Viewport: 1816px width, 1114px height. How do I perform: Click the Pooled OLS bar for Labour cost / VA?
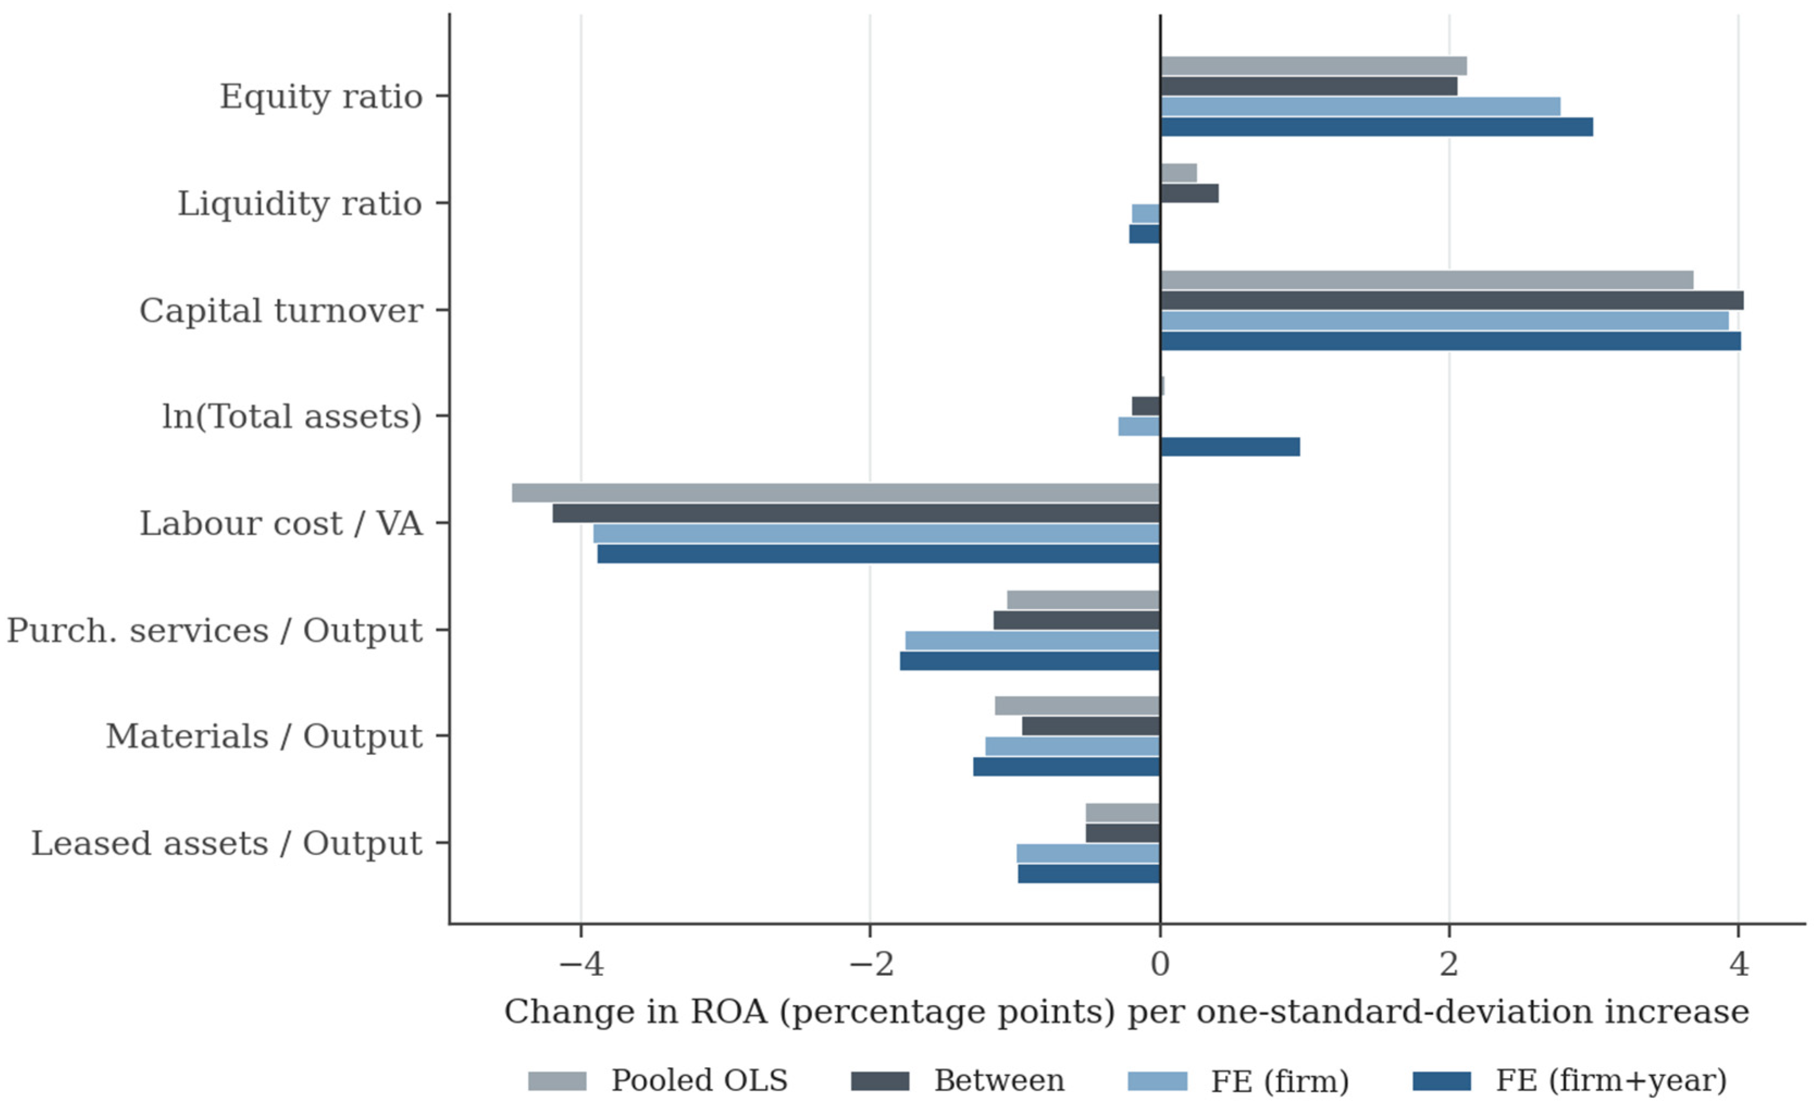tap(836, 492)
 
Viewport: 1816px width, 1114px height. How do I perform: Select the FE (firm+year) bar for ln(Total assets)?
tap(1230, 447)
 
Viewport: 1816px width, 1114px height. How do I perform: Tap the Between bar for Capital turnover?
tap(1452, 300)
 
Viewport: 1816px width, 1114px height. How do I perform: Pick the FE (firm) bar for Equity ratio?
tap(1360, 106)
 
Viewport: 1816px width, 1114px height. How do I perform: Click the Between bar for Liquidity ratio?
tap(1190, 193)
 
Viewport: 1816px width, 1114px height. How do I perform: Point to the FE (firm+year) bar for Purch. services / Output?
tap(1030, 660)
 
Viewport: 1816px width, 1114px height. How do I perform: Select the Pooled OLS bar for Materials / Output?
tap(1078, 705)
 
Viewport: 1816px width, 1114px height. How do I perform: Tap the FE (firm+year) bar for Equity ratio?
tap(1377, 127)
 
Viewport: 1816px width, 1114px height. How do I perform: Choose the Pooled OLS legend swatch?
tap(557, 1081)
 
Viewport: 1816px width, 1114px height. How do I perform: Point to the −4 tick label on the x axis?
tap(582, 963)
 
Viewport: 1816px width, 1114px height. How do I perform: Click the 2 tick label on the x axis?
tap(1449, 963)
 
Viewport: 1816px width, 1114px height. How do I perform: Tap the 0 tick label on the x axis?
tap(1160, 963)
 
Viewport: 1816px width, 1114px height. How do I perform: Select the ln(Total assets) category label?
tap(292, 417)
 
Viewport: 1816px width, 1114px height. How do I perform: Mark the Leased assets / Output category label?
tap(226, 844)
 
